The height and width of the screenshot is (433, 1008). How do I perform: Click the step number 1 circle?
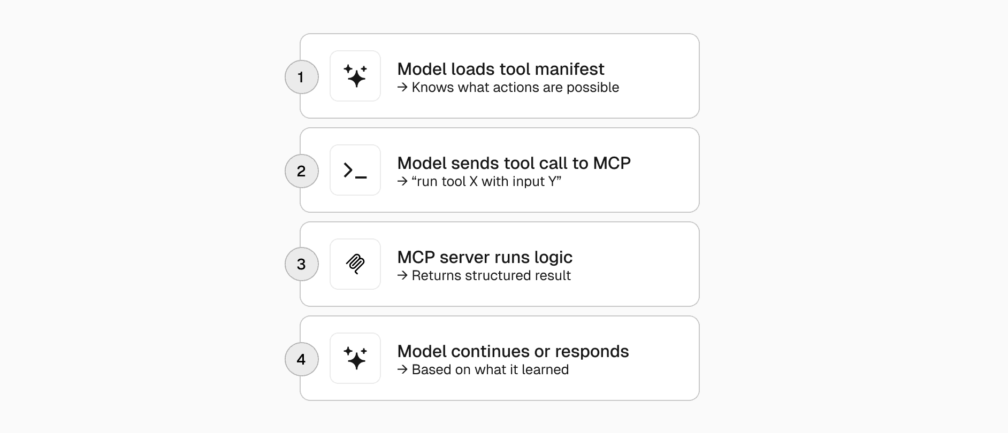302,77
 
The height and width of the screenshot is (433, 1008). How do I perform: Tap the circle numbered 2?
302,171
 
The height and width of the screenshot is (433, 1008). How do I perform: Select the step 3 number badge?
302,264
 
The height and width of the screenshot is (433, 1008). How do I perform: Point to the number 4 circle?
302,359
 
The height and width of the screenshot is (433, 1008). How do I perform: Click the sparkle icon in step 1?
355,76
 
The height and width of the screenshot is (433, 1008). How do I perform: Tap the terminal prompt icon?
355,170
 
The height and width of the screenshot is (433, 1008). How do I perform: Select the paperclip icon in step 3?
355,264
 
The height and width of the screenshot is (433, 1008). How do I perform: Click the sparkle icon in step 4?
355,358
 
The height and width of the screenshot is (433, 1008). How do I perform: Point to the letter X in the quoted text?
474,181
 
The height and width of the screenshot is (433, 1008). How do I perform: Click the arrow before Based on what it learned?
402,369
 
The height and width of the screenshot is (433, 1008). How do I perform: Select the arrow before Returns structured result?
402,275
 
